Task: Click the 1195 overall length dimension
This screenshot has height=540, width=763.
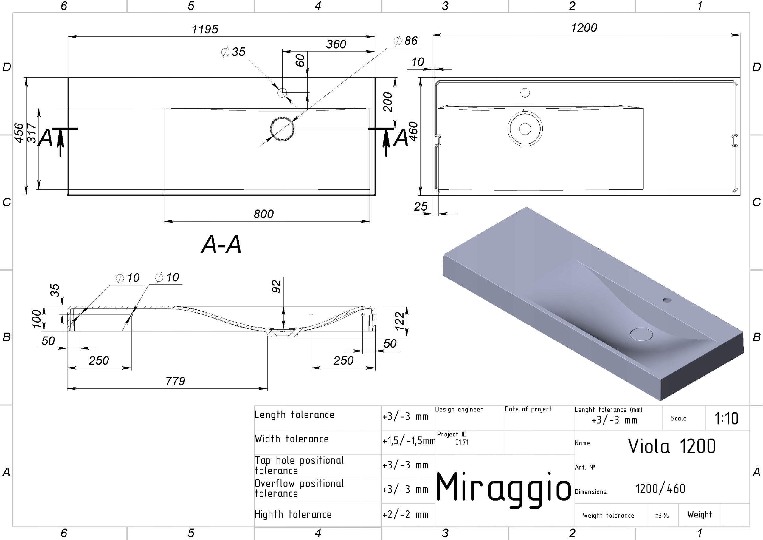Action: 205,29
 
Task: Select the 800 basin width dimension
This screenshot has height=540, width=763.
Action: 263,214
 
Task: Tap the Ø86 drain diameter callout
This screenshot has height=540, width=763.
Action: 405,41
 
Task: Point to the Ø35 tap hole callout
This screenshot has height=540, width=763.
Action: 233,52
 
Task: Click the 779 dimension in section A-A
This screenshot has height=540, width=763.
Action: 175,381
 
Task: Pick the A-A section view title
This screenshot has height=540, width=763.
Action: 221,244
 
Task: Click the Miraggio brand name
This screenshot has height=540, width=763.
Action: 503,488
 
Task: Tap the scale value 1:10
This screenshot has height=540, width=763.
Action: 726,418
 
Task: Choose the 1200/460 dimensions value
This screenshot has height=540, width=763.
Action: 660,488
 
